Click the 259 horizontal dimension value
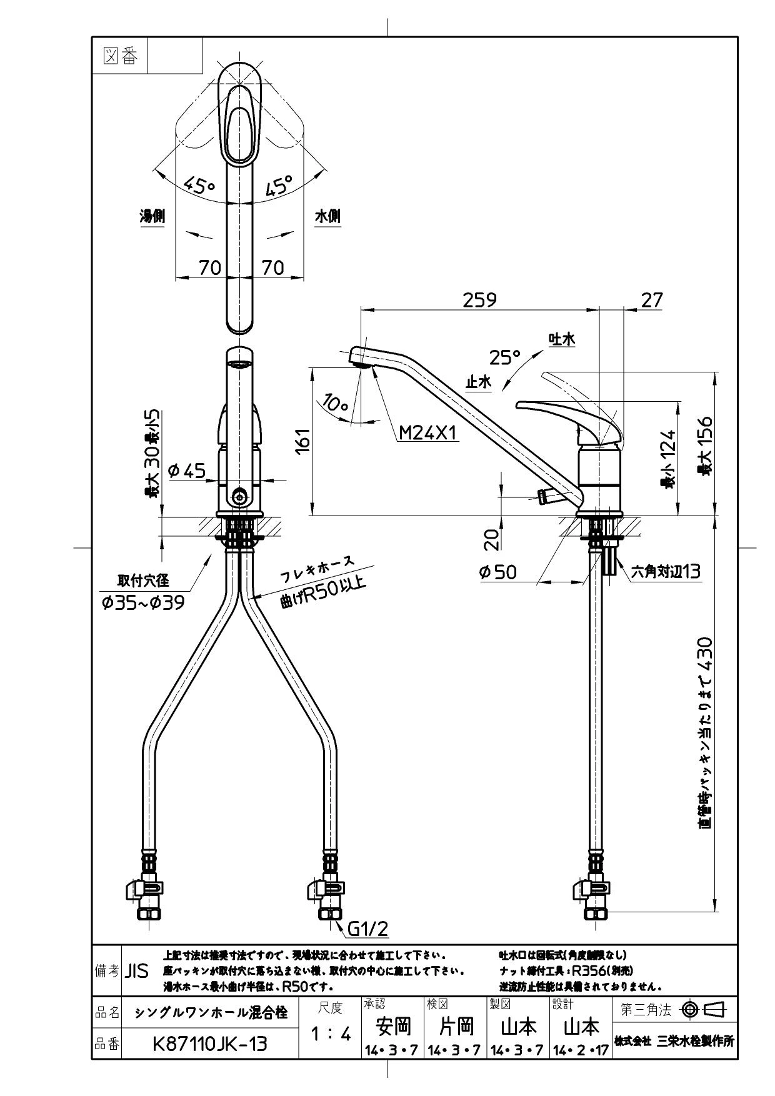(x=479, y=300)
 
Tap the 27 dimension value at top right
(x=652, y=300)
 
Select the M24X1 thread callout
(x=429, y=432)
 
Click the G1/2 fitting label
(x=367, y=929)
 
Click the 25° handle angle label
(x=505, y=357)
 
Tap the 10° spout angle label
(x=336, y=403)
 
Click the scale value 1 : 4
(x=331, y=1034)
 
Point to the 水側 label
(x=327, y=217)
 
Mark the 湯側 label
(x=152, y=217)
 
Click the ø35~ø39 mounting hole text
(x=142, y=603)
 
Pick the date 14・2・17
(x=581, y=1050)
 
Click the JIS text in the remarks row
(x=137, y=971)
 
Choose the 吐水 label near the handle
(x=561, y=339)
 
